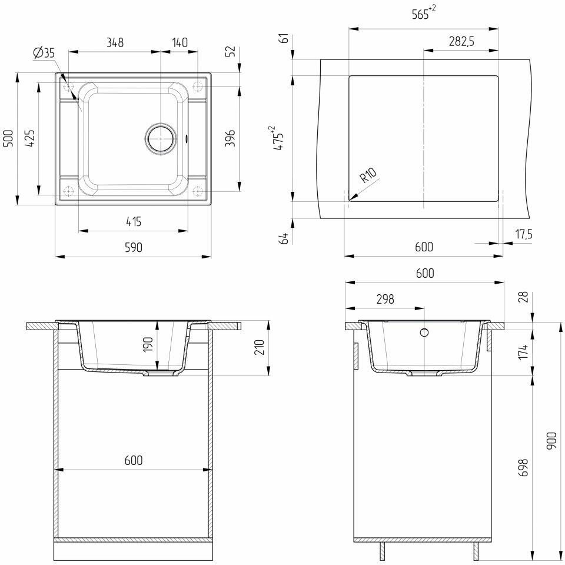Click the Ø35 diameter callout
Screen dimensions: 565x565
point(44,53)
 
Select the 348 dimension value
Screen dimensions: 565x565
point(114,42)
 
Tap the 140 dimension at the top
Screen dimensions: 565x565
point(179,42)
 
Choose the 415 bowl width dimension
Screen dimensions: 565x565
point(133,222)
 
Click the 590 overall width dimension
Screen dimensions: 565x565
point(133,248)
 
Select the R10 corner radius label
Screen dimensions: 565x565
point(370,177)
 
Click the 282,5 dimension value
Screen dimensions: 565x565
point(461,41)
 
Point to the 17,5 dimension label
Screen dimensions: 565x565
point(523,234)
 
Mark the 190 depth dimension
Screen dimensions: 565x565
point(148,344)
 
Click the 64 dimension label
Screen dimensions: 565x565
point(284,238)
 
